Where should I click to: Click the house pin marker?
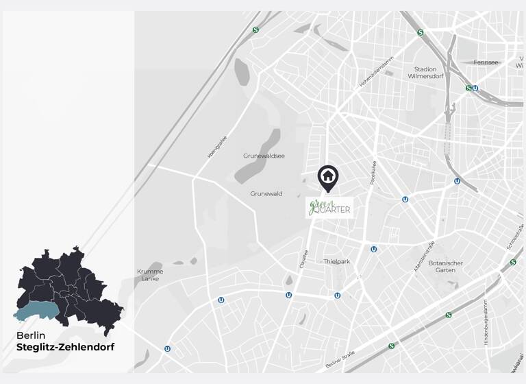(x=328, y=177)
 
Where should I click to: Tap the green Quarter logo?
(x=329, y=207)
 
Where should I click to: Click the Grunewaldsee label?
(x=262, y=156)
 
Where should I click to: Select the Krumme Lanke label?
(x=150, y=274)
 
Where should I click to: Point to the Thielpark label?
(x=337, y=261)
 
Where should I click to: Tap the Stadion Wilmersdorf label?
(x=425, y=73)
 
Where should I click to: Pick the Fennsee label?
(x=487, y=62)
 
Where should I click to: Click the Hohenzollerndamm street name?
(x=377, y=72)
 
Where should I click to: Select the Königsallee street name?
(x=217, y=146)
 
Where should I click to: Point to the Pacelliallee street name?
(x=373, y=173)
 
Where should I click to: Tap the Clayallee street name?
(x=304, y=259)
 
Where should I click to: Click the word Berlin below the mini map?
(x=31, y=335)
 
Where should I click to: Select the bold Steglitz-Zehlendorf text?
(x=66, y=348)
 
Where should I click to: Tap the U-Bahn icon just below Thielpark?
(x=338, y=296)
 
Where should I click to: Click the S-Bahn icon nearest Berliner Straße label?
(x=391, y=346)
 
